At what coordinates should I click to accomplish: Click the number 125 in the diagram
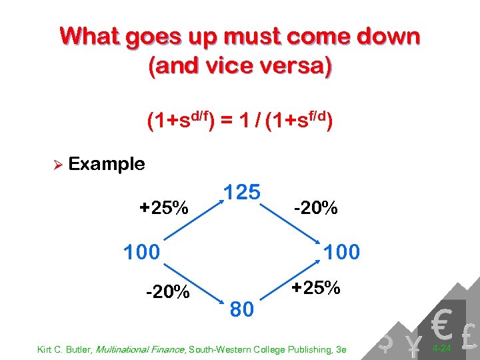click(241, 193)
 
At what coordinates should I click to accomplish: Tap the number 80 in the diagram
click(243, 309)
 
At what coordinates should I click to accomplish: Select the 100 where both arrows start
click(142, 252)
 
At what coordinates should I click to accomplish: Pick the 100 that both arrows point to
click(341, 252)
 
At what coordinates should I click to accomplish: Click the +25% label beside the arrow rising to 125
click(163, 207)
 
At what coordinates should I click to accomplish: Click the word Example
click(107, 164)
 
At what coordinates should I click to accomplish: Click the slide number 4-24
click(441, 348)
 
